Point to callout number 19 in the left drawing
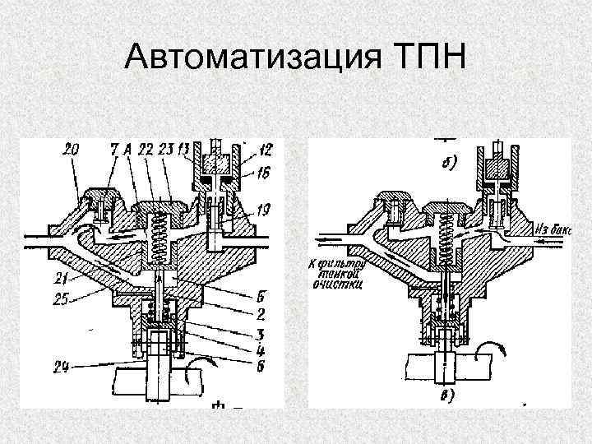[262, 210]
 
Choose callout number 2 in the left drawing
[259, 313]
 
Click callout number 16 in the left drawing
[262, 174]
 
